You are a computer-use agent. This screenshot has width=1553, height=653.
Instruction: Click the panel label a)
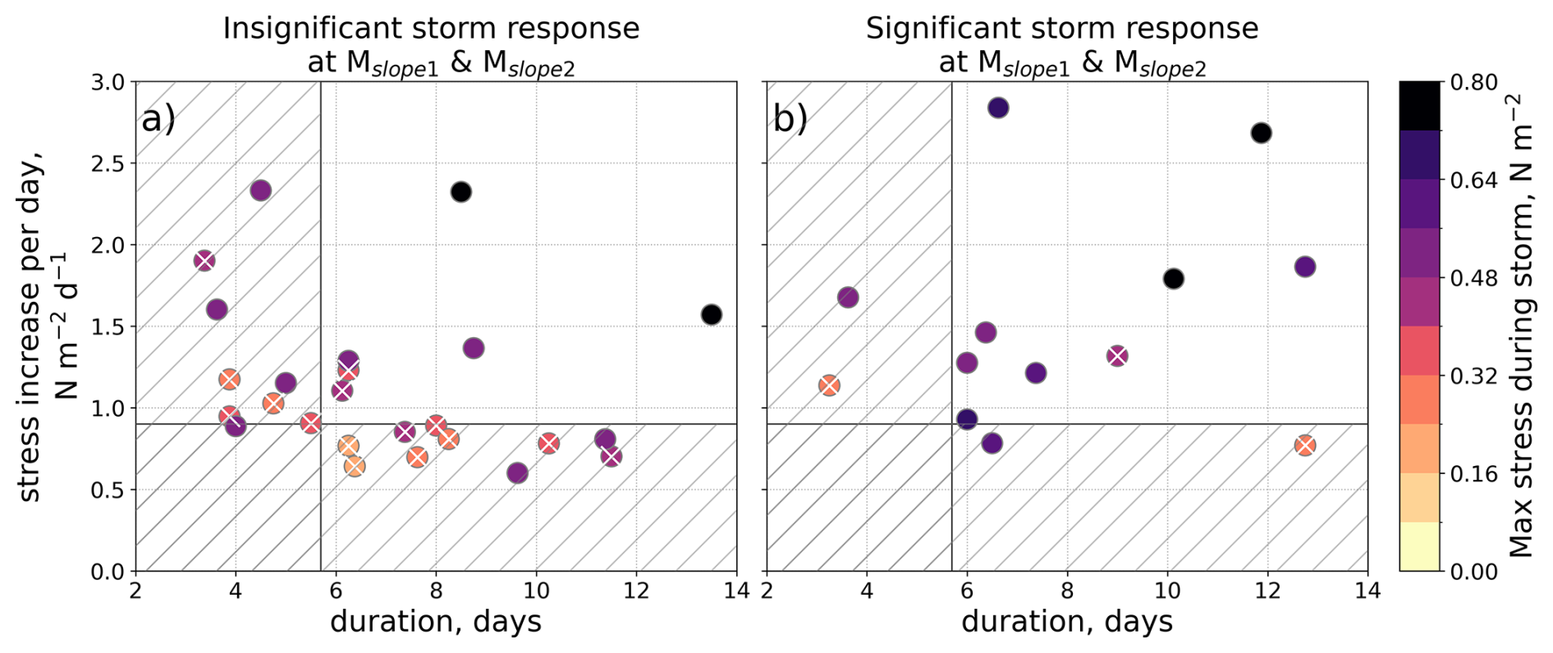coord(158,120)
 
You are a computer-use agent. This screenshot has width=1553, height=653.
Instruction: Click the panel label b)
coord(790,120)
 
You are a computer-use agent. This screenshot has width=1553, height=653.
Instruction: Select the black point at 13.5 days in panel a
coord(712,315)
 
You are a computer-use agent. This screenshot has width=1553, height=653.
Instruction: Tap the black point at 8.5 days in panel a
coord(461,192)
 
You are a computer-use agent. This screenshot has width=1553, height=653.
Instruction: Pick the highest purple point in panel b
coord(998,107)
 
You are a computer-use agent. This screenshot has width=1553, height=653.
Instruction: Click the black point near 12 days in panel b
coord(1262,133)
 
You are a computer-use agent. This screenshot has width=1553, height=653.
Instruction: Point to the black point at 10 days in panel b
coord(1174,279)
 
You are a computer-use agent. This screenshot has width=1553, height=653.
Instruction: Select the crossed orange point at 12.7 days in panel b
coord(1305,445)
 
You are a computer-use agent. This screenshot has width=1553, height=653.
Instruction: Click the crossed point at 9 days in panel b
coord(1117,356)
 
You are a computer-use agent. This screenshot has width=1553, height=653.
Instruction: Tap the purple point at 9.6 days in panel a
coord(517,473)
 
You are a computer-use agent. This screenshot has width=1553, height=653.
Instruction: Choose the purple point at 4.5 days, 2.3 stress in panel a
coord(261,191)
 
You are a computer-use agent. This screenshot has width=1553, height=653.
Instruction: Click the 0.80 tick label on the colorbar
coord(1474,83)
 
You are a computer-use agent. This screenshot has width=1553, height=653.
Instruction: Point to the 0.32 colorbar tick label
coord(1474,377)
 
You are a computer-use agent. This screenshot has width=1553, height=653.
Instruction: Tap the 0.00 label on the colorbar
coord(1474,572)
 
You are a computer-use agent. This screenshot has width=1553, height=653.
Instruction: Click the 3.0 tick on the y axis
coord(108,83)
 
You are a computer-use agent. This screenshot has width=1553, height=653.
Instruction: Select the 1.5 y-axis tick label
coord(108,327)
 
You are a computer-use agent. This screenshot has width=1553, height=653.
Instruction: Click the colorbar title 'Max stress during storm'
coord(1520,328)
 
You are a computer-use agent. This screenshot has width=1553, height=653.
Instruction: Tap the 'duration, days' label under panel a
coord(436,622)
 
